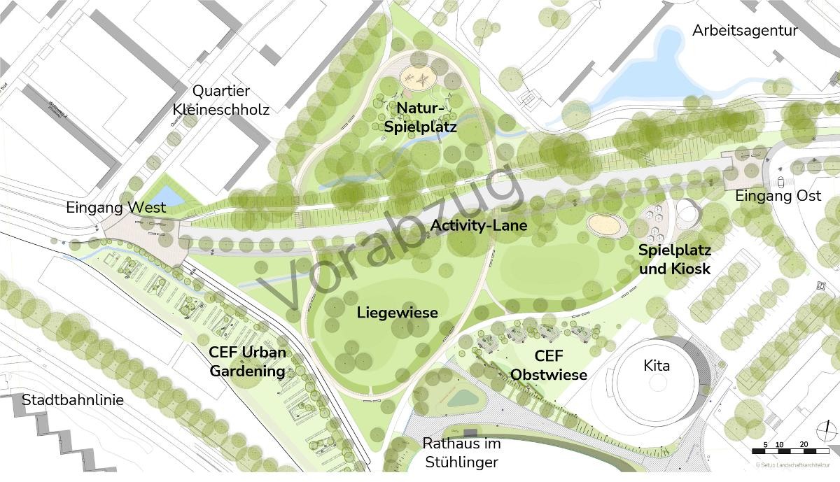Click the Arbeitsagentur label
point(745,31)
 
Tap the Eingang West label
point(116,207)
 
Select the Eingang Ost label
point(778,197)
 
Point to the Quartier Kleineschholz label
point(221,100)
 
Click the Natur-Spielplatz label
point(420,118)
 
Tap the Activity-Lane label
point(478,226)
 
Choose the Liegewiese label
point(397,312)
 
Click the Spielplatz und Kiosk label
point(675,260)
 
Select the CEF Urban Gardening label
point(247,362)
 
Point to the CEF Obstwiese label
point(549,367)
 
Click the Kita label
point(656,366)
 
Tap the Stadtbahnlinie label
point(73,400)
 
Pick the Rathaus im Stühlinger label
point(461,453)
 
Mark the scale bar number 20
point(804,445)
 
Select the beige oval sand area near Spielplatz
point(607,224)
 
